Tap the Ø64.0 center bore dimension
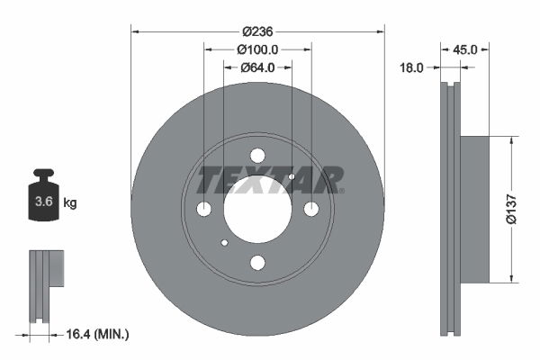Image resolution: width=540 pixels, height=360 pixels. point(257,67)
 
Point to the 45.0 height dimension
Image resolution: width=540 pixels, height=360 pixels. point(464,49)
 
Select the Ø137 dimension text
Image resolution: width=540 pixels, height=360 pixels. point(509,209)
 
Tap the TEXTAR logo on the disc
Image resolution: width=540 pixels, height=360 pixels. point(270,180)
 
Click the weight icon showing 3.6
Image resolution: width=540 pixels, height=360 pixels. point(42,201)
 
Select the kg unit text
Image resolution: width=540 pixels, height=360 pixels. point(70,203)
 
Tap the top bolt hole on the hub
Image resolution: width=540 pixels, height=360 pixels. point(257,155)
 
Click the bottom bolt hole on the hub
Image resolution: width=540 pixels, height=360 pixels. point(257,263)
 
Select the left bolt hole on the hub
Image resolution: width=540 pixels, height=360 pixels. point(203,209)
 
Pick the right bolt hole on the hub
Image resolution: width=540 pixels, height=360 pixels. point(311,209)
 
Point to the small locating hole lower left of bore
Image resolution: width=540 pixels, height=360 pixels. point(224,242)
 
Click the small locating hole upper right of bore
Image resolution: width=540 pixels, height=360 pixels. point(292,176)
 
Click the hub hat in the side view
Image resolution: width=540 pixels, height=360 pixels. point(473,209)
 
